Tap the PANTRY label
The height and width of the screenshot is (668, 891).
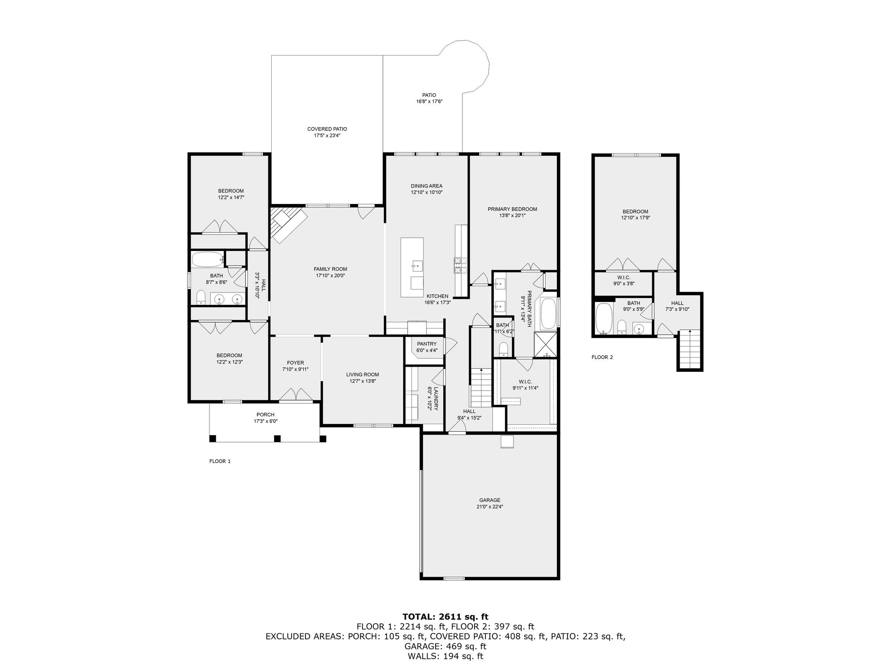click(x=426, y=344)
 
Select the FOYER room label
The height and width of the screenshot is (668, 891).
click(x=295, y=363)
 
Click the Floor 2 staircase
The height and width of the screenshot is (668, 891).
click(x=690, y=349)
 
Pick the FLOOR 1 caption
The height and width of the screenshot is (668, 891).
click(x=220, y=462)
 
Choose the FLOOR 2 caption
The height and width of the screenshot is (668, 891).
click(x=602, y=357)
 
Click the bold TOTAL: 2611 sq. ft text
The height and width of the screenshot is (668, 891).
click(x=445, y=617)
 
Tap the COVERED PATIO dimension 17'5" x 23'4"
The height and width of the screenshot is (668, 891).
click(x=327, y=136)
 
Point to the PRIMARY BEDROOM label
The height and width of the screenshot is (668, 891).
click(x=512, y=209)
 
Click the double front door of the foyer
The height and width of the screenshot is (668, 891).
click(x=296, y=395)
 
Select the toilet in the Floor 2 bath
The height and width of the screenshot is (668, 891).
click(x=622, y=327)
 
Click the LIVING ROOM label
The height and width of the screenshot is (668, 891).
click(x=362, y=374)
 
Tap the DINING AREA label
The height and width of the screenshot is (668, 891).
click(x=426, y=186)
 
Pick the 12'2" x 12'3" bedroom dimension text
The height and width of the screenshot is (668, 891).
click(x=229, y=362)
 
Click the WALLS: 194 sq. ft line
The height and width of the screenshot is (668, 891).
click(x=445, y=656)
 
